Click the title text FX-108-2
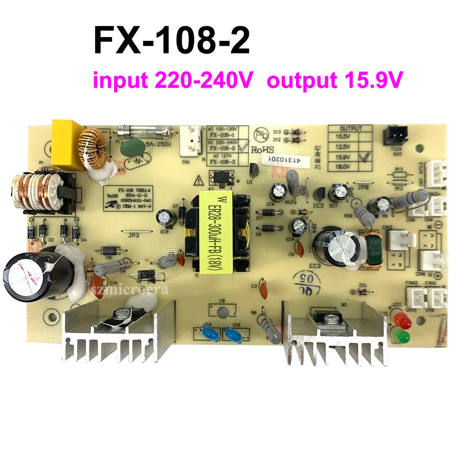pyautogui.click(x=171, y=41)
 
